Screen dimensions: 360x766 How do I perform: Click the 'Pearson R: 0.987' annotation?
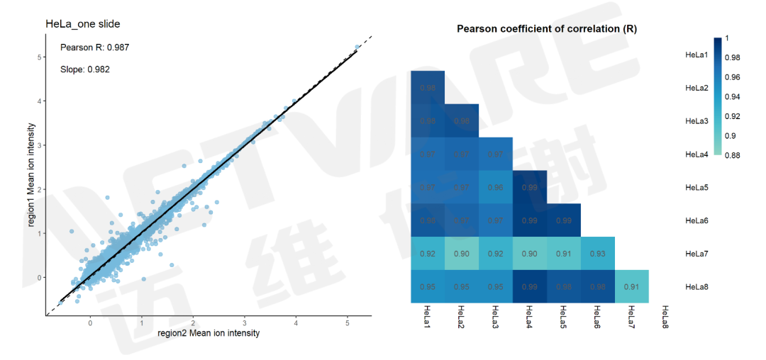94,47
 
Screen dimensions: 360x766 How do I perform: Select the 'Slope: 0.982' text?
84,69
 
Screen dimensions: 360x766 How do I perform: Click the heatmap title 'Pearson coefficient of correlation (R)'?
546,30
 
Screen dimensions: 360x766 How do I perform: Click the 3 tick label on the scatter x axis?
245,323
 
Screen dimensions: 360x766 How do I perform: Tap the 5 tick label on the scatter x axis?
348,323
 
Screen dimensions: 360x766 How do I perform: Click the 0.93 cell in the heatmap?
597,253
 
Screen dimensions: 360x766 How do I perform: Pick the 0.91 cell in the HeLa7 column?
631,286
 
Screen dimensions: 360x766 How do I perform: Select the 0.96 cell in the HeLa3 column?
495,187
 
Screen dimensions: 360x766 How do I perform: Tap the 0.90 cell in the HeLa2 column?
461,253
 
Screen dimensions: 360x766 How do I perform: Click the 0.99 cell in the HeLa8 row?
529,286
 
